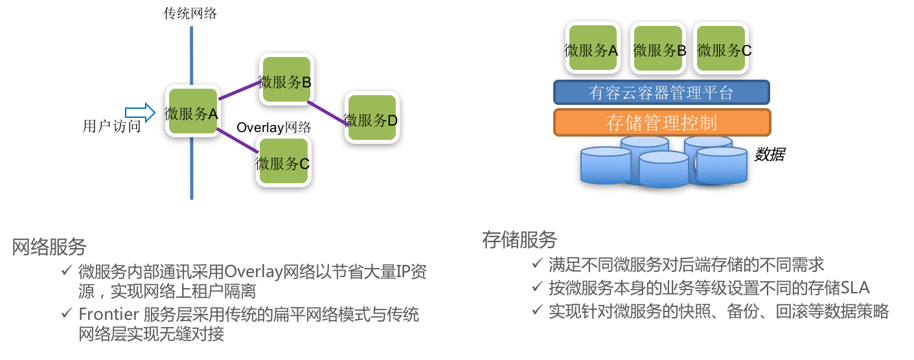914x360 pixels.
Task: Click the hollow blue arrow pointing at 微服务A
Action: point(140,113)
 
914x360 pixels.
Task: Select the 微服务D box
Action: point(372,118)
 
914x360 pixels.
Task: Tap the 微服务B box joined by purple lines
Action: point(286,80)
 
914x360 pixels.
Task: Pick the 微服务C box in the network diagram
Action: point(283,162)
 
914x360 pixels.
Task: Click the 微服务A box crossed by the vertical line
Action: point(192,111)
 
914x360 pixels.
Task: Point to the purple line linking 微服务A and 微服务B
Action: point(239,90)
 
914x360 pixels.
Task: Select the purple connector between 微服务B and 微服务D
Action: point(326,112)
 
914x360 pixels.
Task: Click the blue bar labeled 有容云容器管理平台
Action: point(661,93)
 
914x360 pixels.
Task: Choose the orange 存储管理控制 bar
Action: point(661,122)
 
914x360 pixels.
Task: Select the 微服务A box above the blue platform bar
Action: point(591,49)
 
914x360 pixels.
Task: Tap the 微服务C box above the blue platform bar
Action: point(721,49)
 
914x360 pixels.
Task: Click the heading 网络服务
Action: point(49,247)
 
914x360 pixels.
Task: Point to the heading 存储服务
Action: point(520,240)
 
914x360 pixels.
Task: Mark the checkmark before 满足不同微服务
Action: point(537,264)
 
